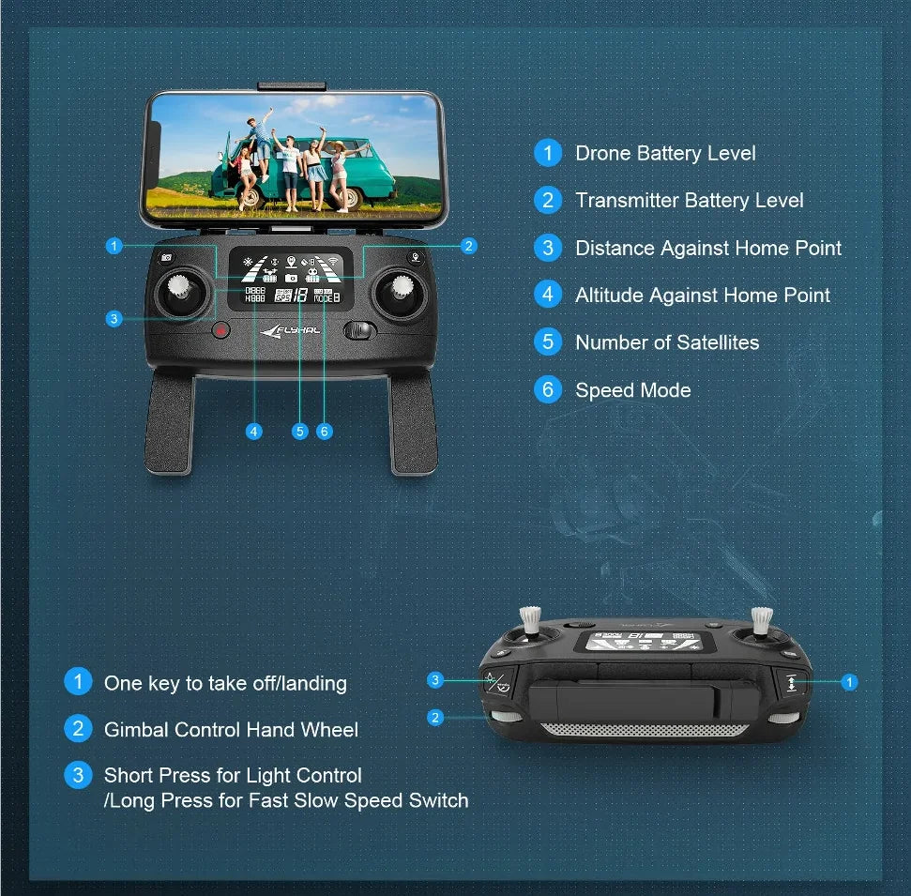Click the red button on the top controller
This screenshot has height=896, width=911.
(x=221, y=329)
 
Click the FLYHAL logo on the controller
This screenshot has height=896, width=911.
(x=291, y=329)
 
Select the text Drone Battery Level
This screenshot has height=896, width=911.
(x=665, y=154)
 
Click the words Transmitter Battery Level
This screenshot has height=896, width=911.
(x=690, y=201)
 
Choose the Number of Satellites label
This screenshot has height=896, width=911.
(x=667, y=342)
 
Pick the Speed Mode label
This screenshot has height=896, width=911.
(x=633, y=390)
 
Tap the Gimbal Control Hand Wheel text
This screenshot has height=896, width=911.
(x=231, y=729)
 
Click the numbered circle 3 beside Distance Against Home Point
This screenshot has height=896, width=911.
(x=548, y=248)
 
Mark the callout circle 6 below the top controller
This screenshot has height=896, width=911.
(x=324, y=432)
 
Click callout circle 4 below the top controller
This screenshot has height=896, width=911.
(x=253, y=432)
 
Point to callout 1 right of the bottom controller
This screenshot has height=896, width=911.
(x=850, y=682)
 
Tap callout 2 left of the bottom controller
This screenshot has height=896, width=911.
(x=435, y=718)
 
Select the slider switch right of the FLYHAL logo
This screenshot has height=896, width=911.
(x=359, y=330)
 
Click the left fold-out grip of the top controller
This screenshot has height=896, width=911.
(x=169, y=422)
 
